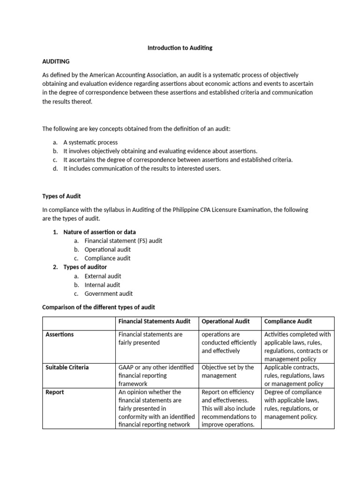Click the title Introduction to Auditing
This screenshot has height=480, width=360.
pos(180,48)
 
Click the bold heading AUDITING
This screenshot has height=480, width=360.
pos(56,61)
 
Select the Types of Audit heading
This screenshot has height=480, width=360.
pos(61,196)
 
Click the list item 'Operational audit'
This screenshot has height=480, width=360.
pos(107,249)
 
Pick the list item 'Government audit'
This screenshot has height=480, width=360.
pos(108,293)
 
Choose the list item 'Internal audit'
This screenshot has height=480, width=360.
pos(102,285)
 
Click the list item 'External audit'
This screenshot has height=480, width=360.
pos(103,276)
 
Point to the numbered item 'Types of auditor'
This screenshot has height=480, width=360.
pos(85,267)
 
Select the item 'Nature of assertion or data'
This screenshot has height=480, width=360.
pos(99,232)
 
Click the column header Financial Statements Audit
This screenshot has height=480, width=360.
pos(154,321)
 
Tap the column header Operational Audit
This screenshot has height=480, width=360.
pos(225,321)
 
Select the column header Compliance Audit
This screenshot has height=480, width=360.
pos(288,321)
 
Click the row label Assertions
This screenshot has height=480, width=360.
pos(60,334)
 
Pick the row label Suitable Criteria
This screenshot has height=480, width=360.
pos(67,367)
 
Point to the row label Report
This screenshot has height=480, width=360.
pos(54,392)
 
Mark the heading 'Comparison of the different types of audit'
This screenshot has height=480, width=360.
pos(98,307)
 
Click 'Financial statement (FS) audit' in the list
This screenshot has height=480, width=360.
pos(123,241)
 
